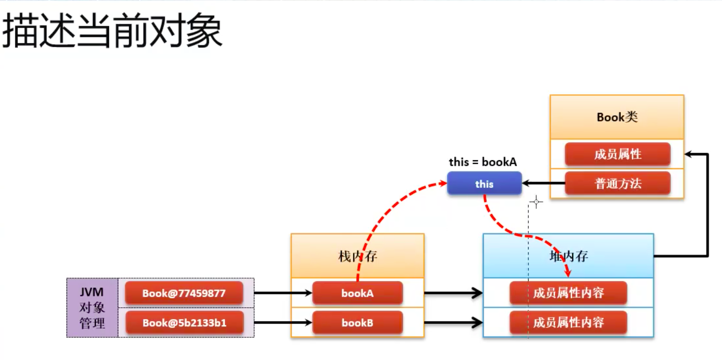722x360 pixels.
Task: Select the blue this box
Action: (484, 184)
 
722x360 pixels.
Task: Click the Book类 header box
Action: (617, 117)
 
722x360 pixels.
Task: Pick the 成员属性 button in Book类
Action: (617, 154)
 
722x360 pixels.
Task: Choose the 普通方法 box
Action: (617, 184)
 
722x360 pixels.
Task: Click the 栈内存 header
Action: (358, 256)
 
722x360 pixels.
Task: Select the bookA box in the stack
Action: (358, 293)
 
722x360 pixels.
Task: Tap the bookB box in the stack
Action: (358, 323)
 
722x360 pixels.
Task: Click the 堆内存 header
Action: (568, 256)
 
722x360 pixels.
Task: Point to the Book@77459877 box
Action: (184, 293)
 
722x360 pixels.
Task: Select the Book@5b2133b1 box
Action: (184, 323)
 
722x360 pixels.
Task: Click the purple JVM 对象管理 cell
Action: (92, 308)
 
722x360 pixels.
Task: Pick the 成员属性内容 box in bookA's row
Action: (568, 293)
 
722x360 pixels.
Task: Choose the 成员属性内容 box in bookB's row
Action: (568, 323)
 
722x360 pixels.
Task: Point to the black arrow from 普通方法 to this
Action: (543, 184)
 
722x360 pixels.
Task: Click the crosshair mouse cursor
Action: (536, 202)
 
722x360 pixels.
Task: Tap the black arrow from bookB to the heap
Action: (453, 323)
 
